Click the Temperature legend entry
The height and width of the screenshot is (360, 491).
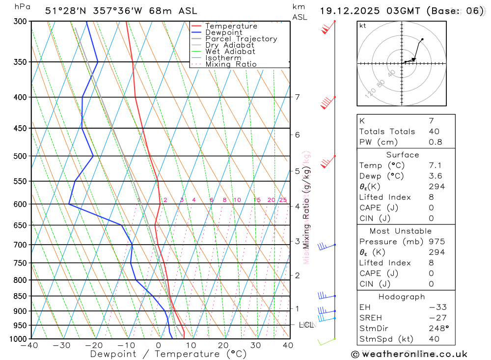tap(231, 26)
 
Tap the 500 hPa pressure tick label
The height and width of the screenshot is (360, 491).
tap(20, 156)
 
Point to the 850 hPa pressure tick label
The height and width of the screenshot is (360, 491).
tap(20, 296)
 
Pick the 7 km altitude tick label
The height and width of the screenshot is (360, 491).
tap(298, 97)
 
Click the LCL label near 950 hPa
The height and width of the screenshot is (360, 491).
tap(306, 325)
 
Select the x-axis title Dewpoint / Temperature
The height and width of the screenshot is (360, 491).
tap(168, 354)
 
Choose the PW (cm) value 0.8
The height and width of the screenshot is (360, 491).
tap(436, 142)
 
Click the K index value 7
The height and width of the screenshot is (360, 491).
tap(431, 121)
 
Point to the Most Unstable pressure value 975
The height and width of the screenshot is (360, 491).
tap(436, 242)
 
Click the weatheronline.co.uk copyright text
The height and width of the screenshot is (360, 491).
tap(409, 354)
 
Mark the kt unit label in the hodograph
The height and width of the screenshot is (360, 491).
tap(363, 26)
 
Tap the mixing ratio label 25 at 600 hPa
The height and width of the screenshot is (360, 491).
tap(283, 200)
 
